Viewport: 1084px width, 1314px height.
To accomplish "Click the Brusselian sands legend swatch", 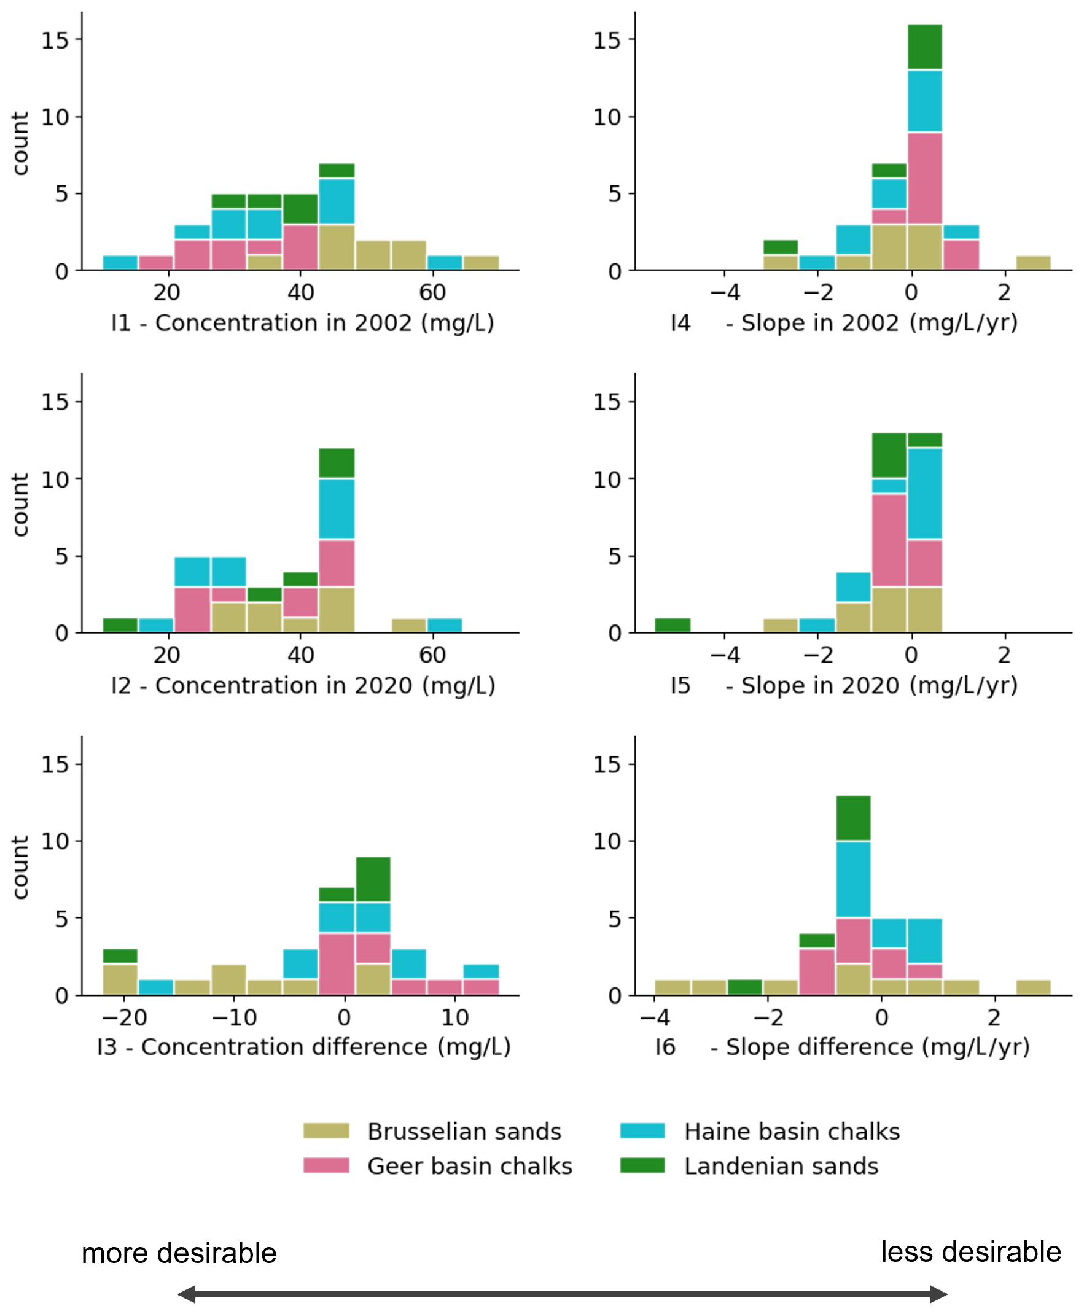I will (326, 1130).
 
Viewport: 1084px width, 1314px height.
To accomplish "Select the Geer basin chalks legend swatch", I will (326, 1165).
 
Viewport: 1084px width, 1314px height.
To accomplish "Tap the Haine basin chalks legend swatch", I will (642, 1130).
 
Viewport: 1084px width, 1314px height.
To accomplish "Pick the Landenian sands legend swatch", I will (642, 1165).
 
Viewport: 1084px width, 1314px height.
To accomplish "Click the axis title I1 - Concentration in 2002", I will (302, 323).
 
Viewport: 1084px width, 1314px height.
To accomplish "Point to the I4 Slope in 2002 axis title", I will (843, 323).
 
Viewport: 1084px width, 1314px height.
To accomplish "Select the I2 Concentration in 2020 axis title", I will (303, 685).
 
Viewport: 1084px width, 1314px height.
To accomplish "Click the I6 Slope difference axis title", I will (842, 1047).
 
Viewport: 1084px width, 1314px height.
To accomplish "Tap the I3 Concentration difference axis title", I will (303, 1047).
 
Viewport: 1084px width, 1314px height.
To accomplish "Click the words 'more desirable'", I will (179, 1253).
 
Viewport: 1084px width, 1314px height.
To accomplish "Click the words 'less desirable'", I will (970, 1251).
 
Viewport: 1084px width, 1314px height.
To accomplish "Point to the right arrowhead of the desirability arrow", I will (938, 1294).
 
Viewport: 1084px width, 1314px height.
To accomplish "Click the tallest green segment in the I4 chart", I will (925, 47).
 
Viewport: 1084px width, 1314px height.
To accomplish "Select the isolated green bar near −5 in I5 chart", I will (673, 625).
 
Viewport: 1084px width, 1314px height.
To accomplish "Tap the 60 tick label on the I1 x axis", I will (432, 292).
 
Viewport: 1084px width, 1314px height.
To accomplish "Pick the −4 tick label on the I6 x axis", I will (655, 1017).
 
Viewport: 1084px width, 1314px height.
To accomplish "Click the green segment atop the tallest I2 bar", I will (337, 463).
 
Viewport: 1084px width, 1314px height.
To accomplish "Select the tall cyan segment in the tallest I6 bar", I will (853, 879).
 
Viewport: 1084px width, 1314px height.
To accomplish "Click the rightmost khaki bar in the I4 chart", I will (1034, 263).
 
